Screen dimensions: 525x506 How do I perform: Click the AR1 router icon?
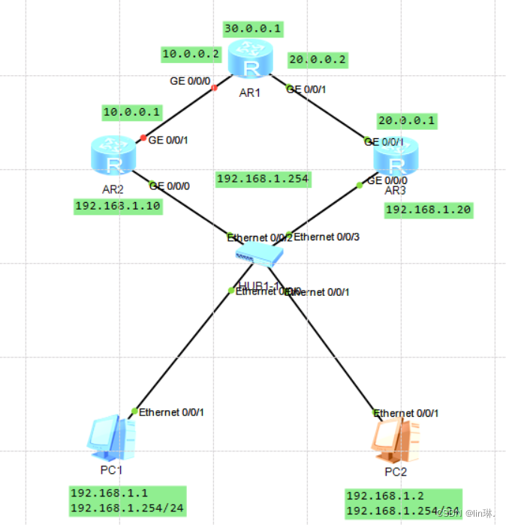[251, 59]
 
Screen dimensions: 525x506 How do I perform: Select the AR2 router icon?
[113, 155]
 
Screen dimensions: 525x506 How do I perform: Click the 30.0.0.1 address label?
[252, 29]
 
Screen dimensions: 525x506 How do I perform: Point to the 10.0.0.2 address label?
[191, 54]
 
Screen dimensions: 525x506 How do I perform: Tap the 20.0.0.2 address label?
[317, 60]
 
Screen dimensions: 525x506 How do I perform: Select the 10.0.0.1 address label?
[131, 112]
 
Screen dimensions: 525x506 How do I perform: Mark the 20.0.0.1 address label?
[406, 120]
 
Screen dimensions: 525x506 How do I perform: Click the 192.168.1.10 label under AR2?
[118, 207]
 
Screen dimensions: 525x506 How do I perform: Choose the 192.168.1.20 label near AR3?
[428, 210]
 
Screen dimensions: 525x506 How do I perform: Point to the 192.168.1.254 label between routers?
[263, 179]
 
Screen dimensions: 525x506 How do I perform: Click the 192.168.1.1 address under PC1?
[109, 493]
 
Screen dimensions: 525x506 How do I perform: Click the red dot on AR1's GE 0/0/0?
[214, 88]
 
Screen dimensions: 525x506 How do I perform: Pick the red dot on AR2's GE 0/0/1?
[143, 137]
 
